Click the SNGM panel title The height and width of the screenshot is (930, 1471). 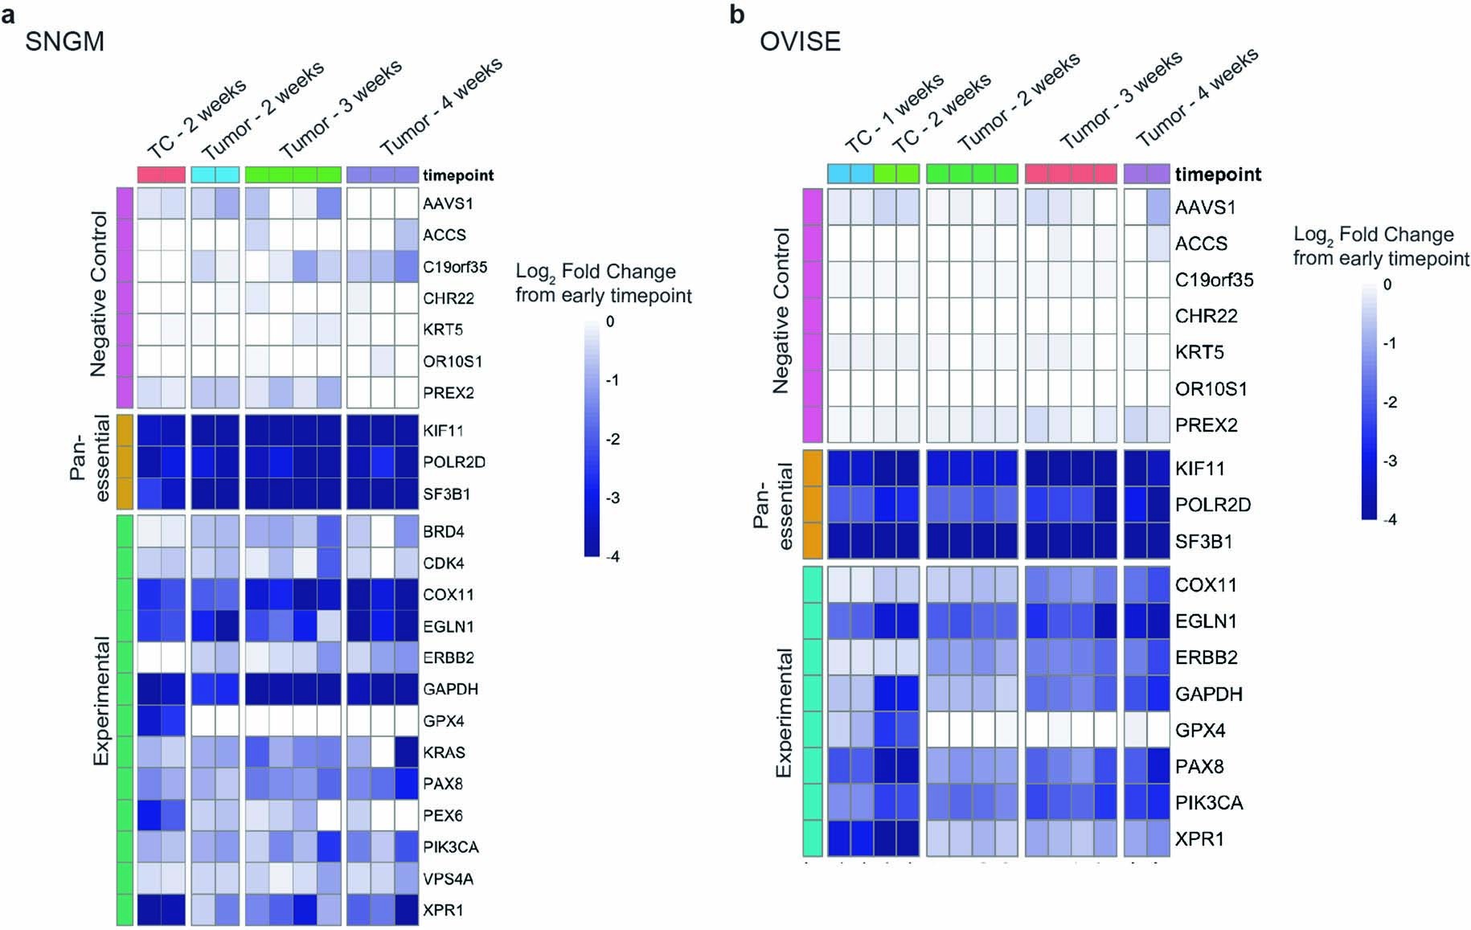(x=64, y=41)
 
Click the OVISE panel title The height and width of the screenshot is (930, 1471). (x=800, y=41)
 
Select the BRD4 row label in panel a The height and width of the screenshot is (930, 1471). (x=443, y=532)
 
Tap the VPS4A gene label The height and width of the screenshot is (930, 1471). (x=448, y=879)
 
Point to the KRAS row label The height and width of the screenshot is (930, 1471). (x=444, y=752)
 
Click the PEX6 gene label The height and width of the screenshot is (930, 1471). (x=443, y=816)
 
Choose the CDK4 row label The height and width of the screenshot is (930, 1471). (x=443, y=563)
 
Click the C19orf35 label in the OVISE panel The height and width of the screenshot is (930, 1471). (x=1214, y=280)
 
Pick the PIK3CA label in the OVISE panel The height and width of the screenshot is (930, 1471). (x=1209, y=802)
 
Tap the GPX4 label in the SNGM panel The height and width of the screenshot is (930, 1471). (x=443, y=721)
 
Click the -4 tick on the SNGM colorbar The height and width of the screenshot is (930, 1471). (x=613, y=556)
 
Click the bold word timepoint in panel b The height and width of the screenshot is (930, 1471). (x=1218, y=174)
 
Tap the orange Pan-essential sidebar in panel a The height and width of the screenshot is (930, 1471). (x=125, y=461)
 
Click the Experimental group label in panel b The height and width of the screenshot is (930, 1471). (x=784, y=712)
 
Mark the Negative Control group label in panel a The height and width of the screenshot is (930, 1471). (x=99, y=294)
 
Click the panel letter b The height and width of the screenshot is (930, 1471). (x=736, y=14)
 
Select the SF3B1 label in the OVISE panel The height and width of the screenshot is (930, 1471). (x=1203, y=541)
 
